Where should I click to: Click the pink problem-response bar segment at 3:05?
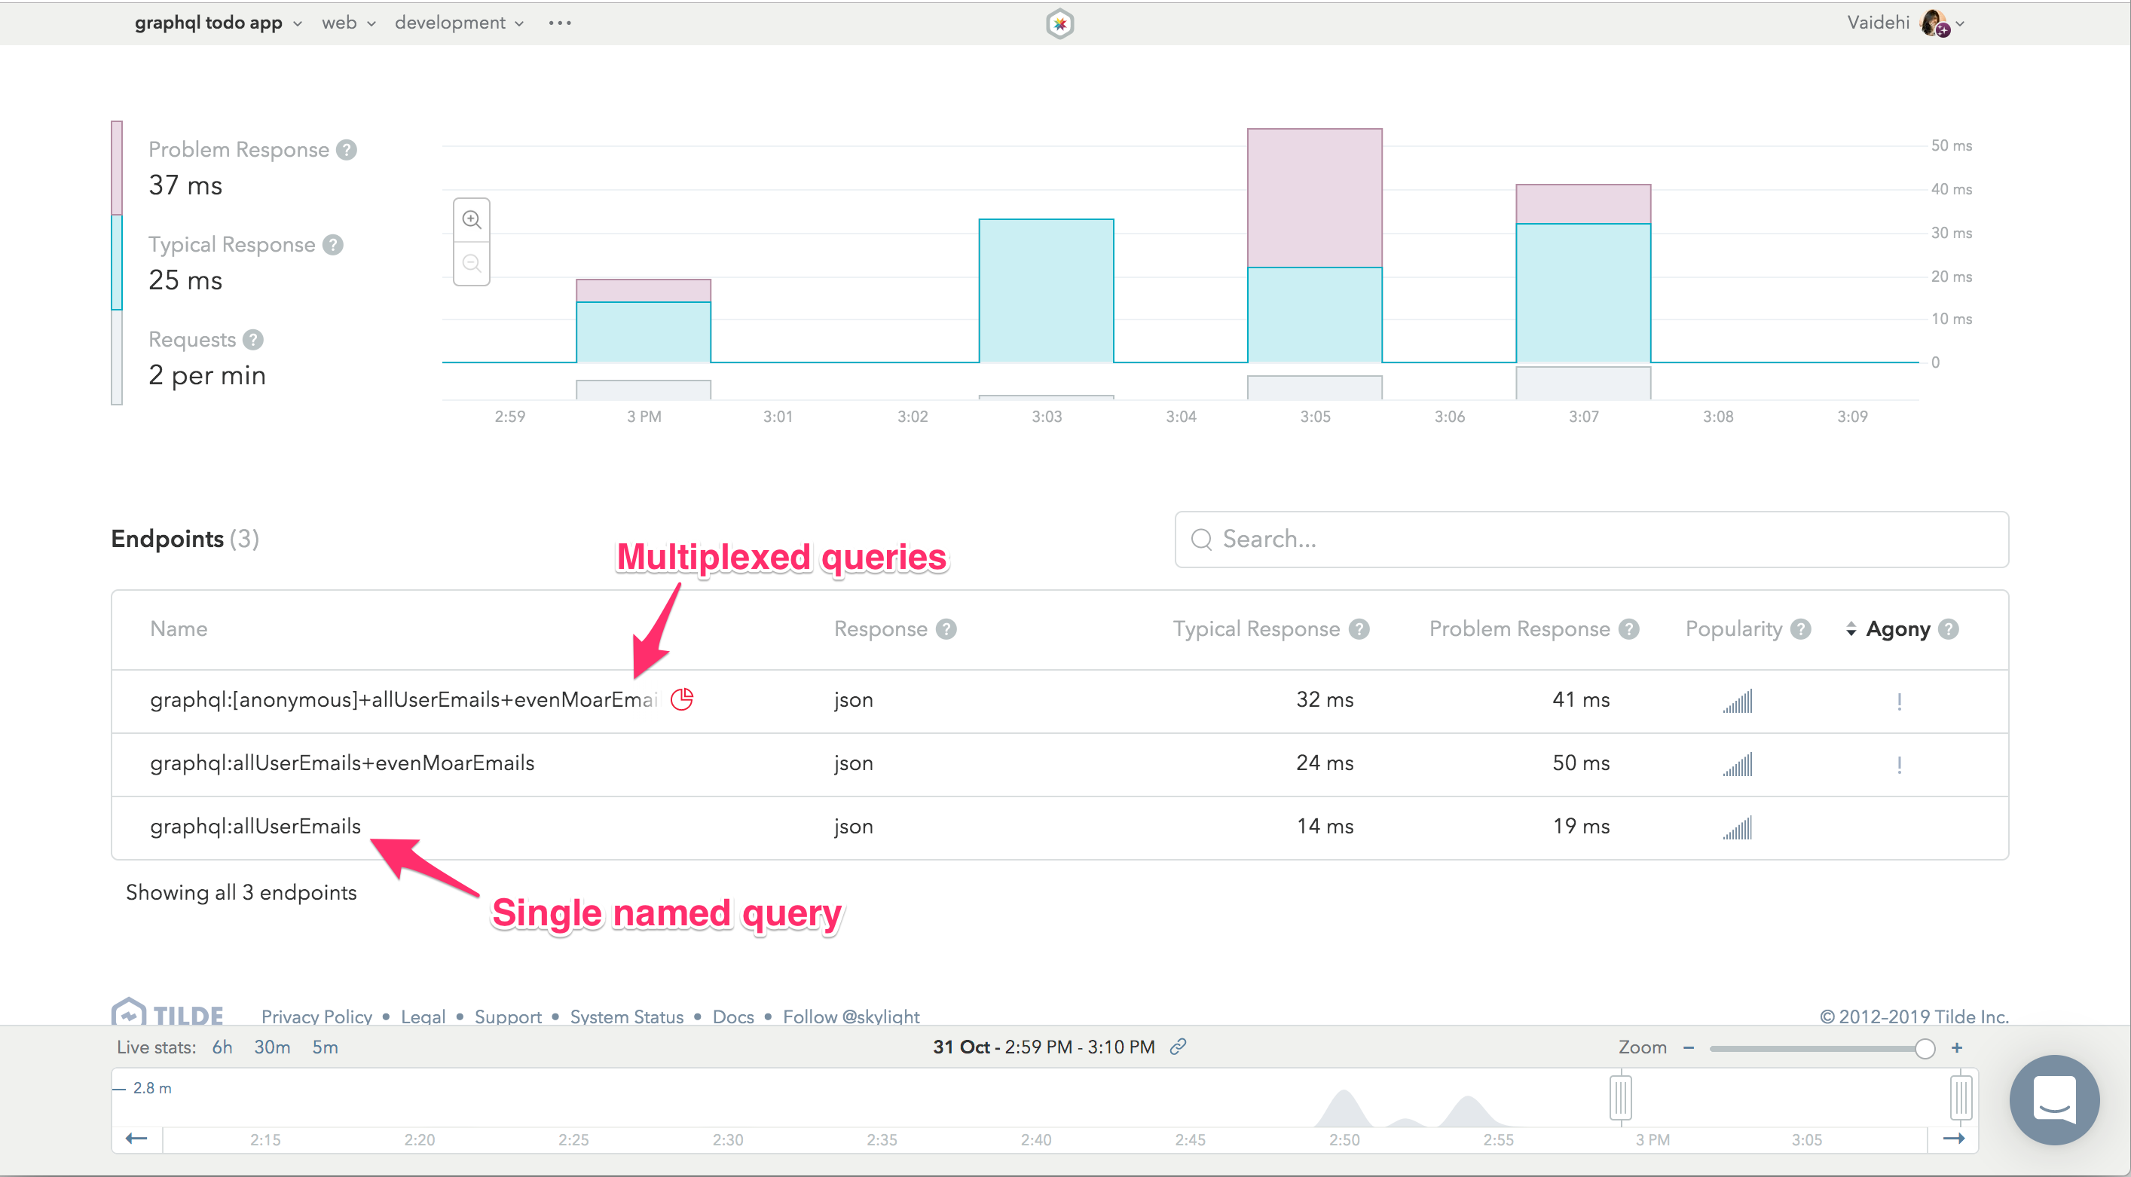coord(1314,197)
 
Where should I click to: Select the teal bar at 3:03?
coord(1046,290)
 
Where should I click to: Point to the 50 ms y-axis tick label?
coord(1951,145)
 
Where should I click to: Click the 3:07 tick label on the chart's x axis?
coord(1583,417)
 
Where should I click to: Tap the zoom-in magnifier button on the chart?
coord(472,220)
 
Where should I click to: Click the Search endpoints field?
coord(1591,540)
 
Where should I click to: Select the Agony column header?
coord(1897,629)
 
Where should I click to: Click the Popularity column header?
coord(1734,629)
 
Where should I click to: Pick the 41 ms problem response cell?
coord(1581,700)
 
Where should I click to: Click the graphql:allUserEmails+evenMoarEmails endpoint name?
coord(341,763)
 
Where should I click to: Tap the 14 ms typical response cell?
coord(1325,827)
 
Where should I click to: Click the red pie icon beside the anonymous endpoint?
coord(682,700)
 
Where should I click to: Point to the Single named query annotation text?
coord(666,913)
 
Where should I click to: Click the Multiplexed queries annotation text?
coord(781,558)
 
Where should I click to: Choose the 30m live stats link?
coord(271,1047)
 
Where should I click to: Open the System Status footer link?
coord(626,1016)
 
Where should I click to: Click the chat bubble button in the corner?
coord(2054,1099)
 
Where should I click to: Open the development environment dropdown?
coord(458,23)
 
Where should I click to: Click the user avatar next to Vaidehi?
coord(1934,23)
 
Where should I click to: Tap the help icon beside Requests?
coord(253,340)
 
